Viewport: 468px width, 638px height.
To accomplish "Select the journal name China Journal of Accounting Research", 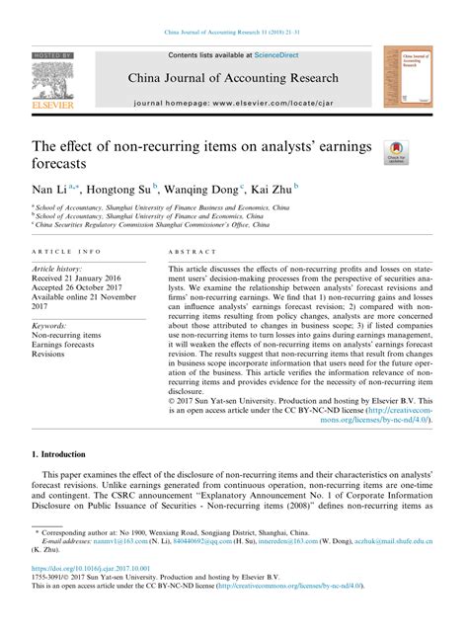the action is [232, 78].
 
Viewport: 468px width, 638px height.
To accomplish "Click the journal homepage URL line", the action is [233, 102].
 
